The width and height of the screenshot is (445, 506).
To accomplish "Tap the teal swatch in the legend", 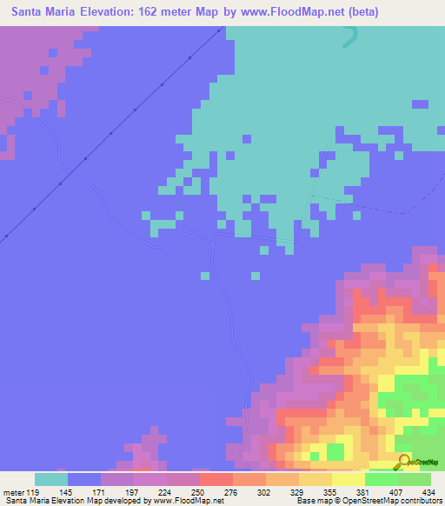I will pyautogui.click(x=50, y=479).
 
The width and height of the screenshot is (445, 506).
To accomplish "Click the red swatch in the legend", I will pyautogui.click(x=216, y=479).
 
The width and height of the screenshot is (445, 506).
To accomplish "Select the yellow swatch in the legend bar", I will pyautogui.click(x=348, y=479).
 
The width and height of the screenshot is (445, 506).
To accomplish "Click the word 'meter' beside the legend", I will pyautogui.click(x=12, y=492).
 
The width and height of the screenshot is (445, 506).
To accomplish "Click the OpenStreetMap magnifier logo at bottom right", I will pyautogui.click(x=403, y=461).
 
